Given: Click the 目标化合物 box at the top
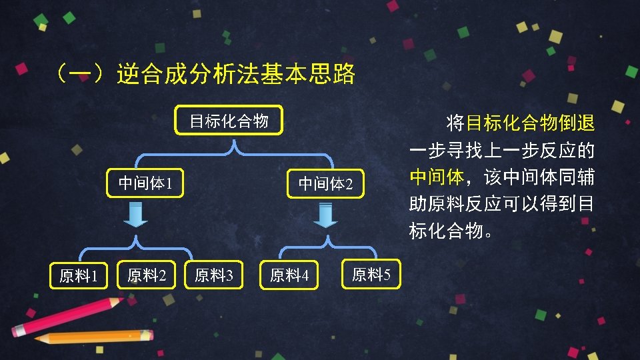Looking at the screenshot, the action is tap(229, 121).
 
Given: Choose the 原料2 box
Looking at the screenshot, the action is tap(147, 275).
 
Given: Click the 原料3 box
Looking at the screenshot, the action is tap(213, 275).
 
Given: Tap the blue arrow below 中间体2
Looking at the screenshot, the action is tap(325, 215).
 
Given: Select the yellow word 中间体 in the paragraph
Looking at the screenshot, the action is tap(437, 177).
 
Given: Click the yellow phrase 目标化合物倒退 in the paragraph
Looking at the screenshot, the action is tap(530, 123).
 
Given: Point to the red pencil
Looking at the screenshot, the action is tap(67, 316).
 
